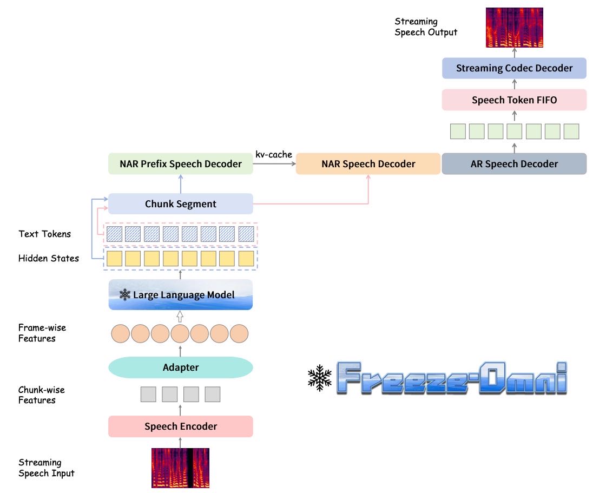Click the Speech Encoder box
(x=181, y=426)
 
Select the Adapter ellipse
(x=181, y=367)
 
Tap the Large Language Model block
(x=181, y=294)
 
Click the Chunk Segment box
(x=181, y=204)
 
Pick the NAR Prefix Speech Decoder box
(x=181, y=163)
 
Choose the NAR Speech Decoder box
(x=368, y=163)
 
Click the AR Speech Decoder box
(x=514, y=163)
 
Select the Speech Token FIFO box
(x=514, y=100)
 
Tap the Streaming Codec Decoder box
(x=514, y=68)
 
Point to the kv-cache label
(x=274, y=154)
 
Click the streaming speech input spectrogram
(x=181, y=468)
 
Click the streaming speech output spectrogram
(x=515, y=28)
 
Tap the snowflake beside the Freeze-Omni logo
(x=320, y=378)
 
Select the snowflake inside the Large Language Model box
(x=125, y=294)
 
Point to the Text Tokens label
(x=45, y=234)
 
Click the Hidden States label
(x=49, y=258)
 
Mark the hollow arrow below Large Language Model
(x=180, y=316)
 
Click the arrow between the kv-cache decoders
(x=274, y=163)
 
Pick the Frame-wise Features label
(x=42, y=333)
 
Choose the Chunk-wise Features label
(x=41, y=395)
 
